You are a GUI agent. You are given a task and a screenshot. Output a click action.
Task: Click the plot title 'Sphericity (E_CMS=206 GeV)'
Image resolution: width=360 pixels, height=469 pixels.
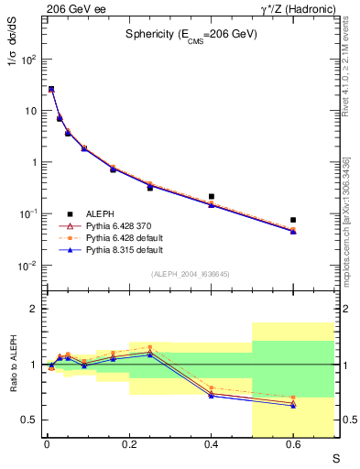pyautogui.click(x=191, y=34)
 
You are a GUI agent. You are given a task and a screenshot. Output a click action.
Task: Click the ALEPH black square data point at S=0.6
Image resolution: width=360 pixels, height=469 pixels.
pyautogui.click(x=293, y=220)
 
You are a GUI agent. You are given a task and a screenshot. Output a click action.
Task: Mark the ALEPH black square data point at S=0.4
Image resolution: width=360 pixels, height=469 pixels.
pyautogui.click(x=212, y=196)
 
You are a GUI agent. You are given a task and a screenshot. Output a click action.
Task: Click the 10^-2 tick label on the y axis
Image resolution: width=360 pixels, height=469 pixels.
pyautogui.click(x=27, y=266)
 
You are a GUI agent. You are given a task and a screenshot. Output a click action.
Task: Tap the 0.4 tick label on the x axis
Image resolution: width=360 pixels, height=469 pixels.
pyautogui.click(x=211, y=446)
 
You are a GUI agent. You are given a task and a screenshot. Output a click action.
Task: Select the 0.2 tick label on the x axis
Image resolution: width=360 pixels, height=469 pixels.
pyautogui.click(x=128, y=446)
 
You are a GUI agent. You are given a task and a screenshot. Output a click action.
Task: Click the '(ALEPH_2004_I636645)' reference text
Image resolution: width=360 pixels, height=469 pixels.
pyautogui.click(x=191, y=274)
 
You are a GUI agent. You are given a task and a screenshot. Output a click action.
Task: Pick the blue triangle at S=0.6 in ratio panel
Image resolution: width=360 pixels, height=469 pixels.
pyautogui.click(x=293, y=405)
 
